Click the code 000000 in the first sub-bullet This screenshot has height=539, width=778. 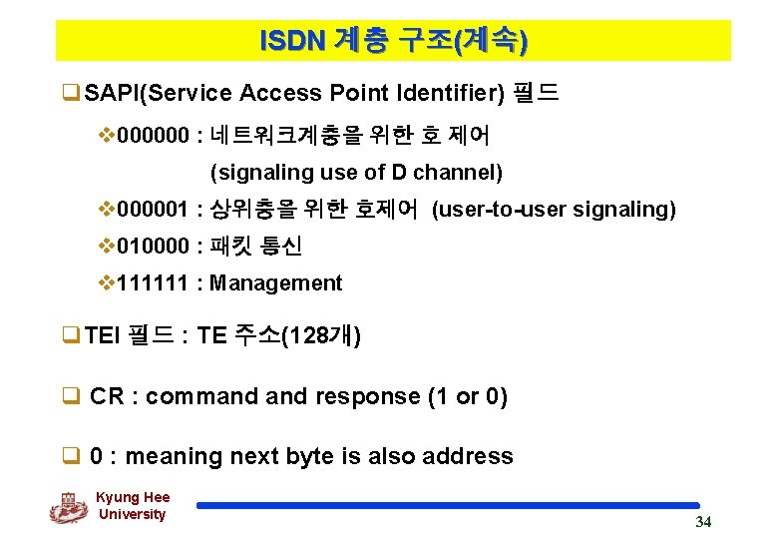click(155, 134)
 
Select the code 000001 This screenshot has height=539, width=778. click(155, 210)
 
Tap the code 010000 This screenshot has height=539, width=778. click(155, 246)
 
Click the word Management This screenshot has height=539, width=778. click(275, 283)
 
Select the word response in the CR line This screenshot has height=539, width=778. click(366, 396)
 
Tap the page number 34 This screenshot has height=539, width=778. click(703, 522)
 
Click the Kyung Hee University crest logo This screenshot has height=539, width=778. click(69, 507)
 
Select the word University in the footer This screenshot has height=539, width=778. click(133, 514)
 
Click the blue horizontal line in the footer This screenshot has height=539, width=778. click(449, 505)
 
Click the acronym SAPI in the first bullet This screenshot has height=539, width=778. click(112, 94)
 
